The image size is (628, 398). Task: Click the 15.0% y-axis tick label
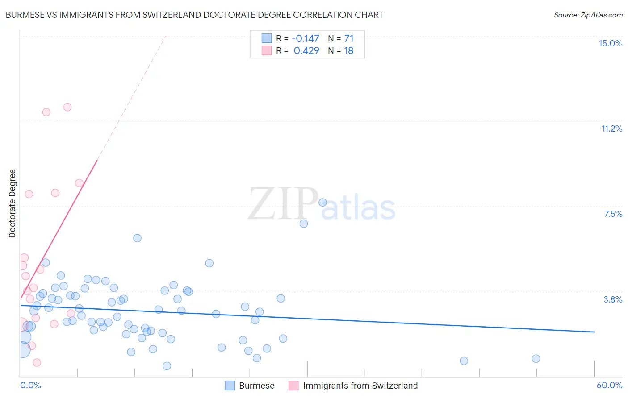(610, 43)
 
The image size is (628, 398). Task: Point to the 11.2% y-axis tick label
(611, 129)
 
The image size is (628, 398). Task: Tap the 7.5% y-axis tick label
(613, 214)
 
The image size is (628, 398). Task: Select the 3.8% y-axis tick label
(613, 299)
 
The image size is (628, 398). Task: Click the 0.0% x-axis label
(30, 385)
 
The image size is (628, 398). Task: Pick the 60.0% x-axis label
(609, 385)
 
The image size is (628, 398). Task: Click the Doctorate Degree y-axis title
(13, 203)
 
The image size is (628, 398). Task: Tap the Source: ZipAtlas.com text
(588, 15)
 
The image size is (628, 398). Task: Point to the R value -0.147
(306, 38)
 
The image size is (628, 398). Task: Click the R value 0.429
(306, 50)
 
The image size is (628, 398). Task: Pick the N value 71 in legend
(348, 38)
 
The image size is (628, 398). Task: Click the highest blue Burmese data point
(322, 203)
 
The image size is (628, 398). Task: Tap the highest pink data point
(67, 107)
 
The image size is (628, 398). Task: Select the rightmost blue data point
(536, 359)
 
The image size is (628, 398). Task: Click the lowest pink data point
(37, 362)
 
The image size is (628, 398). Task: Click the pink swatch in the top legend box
(267, 50)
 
